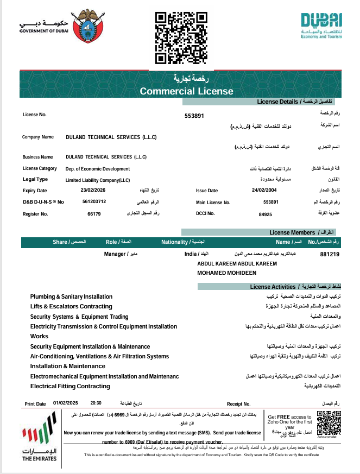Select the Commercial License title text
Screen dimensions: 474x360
coord(186,91)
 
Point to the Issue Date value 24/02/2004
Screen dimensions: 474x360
coord(264,191)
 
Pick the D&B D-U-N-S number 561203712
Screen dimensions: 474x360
coord(94,201)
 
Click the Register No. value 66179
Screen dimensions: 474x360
coord(94,214)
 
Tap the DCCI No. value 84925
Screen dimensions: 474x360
coord(265,214)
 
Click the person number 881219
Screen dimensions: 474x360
coord(330,254)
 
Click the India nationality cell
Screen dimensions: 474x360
coord(190,254)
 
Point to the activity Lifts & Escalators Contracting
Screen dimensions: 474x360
coord(71,307)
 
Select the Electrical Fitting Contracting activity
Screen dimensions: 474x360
coord(70,387)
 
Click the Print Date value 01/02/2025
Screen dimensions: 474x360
coord(66,403)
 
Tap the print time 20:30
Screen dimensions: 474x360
coord(96,403)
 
